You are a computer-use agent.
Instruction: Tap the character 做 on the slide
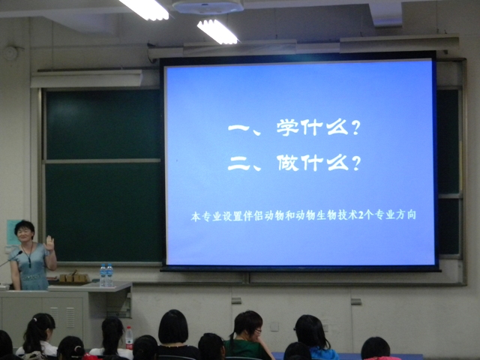coord(288,163)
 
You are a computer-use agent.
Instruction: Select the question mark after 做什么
coord(355,163)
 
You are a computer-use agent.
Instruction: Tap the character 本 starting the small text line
coord(196,217)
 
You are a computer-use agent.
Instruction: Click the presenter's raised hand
coord(49,243)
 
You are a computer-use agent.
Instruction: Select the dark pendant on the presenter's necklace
coord(30,263)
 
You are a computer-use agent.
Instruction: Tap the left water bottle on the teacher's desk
coord(103,275)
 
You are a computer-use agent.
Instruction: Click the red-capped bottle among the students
coord(129,337)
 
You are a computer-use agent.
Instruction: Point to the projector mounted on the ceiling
coord(208,7)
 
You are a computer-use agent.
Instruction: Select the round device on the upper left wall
coord(10,52)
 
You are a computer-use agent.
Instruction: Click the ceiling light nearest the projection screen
coord(217,31)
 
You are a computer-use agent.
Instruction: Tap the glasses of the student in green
coord(257,331)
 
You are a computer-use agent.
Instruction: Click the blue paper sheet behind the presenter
coord(12,232)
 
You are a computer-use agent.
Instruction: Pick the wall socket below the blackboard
coord(274,327)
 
